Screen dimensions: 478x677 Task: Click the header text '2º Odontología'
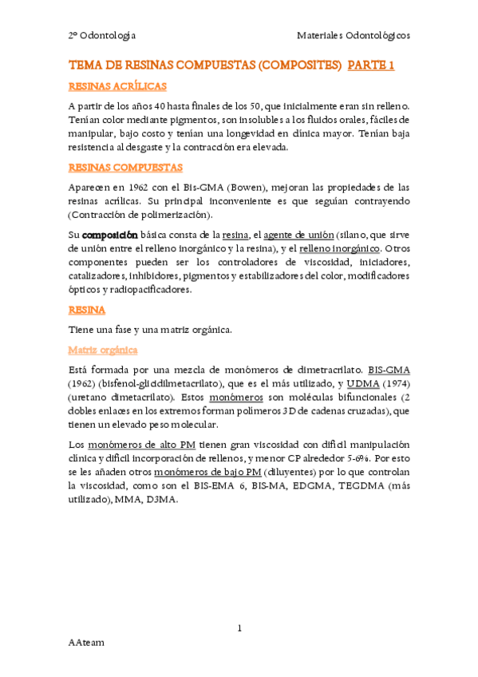click(101, 35)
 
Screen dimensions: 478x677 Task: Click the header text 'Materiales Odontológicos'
click(354, 35)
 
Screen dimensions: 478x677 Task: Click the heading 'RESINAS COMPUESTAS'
click(126, 168)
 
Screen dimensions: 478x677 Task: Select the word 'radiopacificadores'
click(152, 290)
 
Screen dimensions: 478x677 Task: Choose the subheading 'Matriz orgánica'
click(103, 350)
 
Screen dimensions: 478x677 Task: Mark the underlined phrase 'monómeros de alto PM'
click(136, 444)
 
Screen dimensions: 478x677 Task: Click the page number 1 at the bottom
click(239, 629)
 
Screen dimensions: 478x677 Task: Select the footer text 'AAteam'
click(86, 643)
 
